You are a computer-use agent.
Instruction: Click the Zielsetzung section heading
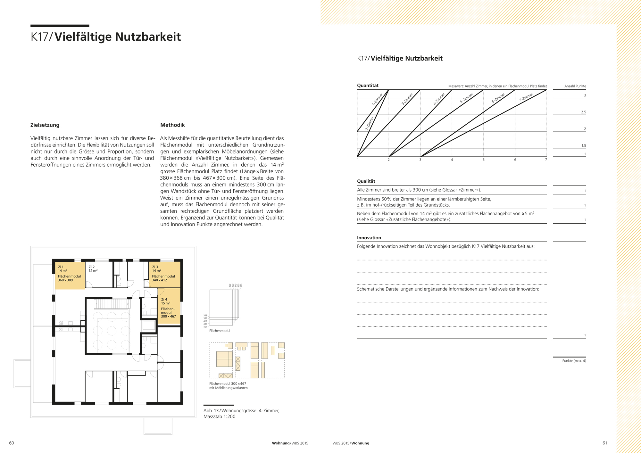pyautogui.click(x=45, y=125)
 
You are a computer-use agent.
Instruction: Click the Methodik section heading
pyautogui.click(x=172, y=125)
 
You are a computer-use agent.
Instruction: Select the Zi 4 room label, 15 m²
pyautogui.click(x=165, y=301)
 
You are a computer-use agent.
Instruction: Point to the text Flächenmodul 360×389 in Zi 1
pyautogui.click(x=69, y=278)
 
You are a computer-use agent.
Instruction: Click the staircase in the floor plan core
pyautogui.click(x=112, y=304)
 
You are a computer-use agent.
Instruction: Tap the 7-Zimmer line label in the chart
pyautogui.click(x=526, y=97)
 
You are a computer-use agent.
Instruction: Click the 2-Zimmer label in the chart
pyautogui.click(x=370, y=123)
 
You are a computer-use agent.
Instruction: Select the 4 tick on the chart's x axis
pyautogui.click(x=452, y=160)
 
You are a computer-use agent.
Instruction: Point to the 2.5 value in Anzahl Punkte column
pyautogui.click(x=583, y=112)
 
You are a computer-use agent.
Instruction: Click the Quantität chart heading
pyautogui.click(x=368, y=86)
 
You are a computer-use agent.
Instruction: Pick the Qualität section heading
pyautogui.click(x=366, y=181)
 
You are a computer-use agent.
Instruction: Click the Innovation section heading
pyautogui.click(x=369, y=238)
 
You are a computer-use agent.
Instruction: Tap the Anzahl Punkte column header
pyautogui.click(x=575, y=86)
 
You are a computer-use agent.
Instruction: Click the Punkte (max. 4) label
pyautogui.click(x=574, y=361)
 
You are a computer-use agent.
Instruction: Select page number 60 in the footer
pyautogui.click(x=12, y=443)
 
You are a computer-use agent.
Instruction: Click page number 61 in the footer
pyautogui.click(x=604, y=443)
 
